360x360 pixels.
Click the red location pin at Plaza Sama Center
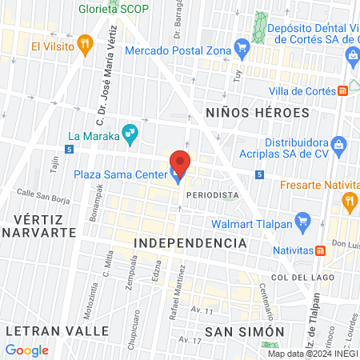tap(180, 162)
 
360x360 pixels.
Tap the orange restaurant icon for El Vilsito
tap(86, 45)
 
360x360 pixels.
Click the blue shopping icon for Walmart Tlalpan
tap(302, 219)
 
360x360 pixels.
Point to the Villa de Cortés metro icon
tap(342, 90)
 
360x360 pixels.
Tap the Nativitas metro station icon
tap(320, 250)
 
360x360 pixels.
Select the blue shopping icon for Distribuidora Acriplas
tap(339, 145)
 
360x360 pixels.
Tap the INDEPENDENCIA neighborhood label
tap(189, 242)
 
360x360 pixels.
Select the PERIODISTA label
tap(212, 195)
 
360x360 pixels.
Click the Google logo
tap(26, 350)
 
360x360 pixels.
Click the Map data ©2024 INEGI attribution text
tap(311, 354)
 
